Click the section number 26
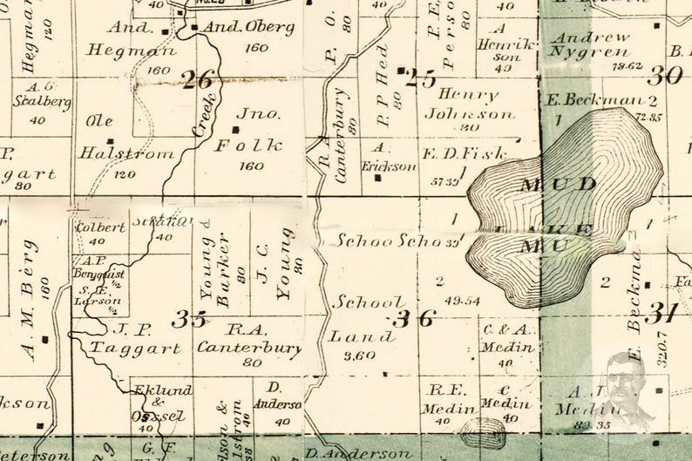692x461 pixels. pos(198,80)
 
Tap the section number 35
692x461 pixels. pos(188,319)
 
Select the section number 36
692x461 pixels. pos(412,318)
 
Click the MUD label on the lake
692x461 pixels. pos(546,184)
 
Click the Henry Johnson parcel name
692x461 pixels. pos(469,104)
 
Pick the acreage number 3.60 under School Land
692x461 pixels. pos(359,355)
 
